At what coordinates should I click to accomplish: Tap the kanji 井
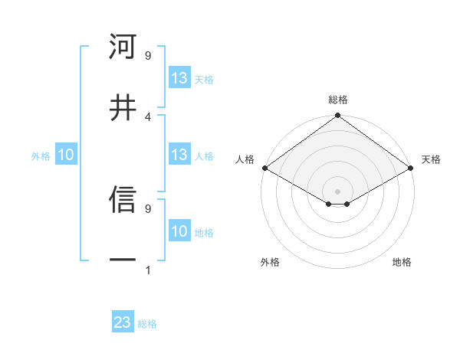(x=123, y=107)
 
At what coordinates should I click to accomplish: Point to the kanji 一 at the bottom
(x=123, y=260)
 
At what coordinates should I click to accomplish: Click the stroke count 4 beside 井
(x=147, y=116)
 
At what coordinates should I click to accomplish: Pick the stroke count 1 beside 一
(x=147, y=270)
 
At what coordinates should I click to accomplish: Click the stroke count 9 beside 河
(x=147, y=55)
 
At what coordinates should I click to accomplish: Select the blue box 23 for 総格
(x=123, y=322)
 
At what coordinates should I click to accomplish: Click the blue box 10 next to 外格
(x=65, y=155)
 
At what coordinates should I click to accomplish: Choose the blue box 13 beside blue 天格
(x=179, y=78)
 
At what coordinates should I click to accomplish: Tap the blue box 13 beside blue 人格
(x=179, y=155)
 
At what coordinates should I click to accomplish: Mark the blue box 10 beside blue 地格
(x=179, y=231)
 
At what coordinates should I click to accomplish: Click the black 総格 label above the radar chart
(x=338, y=100)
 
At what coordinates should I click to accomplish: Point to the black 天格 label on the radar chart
(x=431, y=159)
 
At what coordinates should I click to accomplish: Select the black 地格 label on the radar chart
(x=402, y=262)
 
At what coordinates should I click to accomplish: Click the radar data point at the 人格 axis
(x=264, y=168)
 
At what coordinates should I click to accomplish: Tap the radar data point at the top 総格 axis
(x=338, y=116)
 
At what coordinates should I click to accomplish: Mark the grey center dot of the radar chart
(x=338, y=191)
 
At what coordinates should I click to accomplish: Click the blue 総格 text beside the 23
(x=147, y=324)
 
